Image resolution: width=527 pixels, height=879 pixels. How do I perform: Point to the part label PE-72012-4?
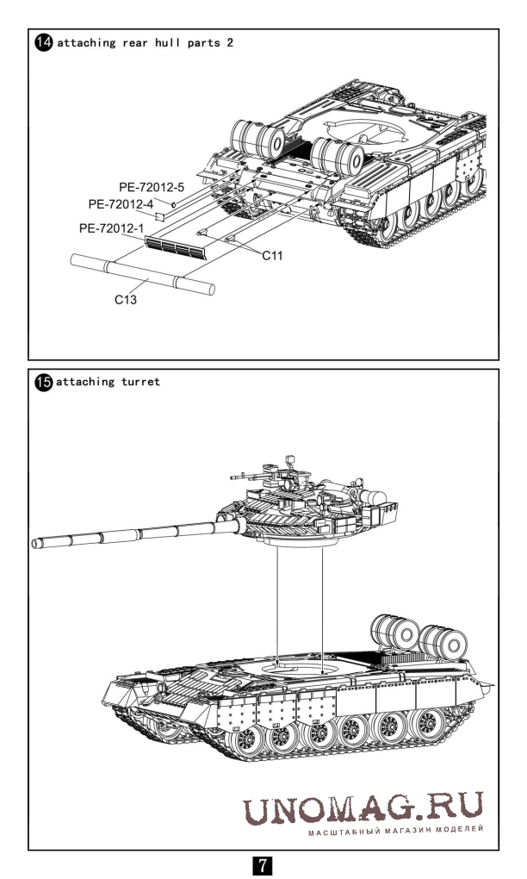coord(121,204)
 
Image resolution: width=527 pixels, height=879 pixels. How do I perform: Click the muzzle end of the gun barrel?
coord(35,543)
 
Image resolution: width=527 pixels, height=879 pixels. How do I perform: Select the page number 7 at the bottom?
coord(263,863)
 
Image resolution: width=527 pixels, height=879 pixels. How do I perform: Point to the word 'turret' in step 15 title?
coord(140,382)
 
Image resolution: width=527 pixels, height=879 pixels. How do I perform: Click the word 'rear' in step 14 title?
coord(139,42)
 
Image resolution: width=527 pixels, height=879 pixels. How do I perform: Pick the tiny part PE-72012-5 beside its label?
coord(174,203)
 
